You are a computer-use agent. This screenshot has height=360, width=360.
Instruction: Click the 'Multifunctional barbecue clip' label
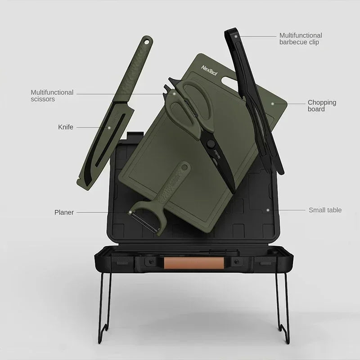[x=301, y=39]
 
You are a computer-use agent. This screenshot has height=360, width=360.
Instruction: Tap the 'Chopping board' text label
[x=322, y=106]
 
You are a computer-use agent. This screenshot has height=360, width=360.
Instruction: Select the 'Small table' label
[x=325, y=210]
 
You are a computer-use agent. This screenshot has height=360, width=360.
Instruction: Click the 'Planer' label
[x=64, y=212]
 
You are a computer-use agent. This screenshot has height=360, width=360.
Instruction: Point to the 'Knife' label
[x=65, y=127]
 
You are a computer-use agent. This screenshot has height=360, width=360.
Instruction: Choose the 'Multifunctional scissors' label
[x=52, y=95]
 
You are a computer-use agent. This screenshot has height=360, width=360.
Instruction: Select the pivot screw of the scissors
[x=210, y=143]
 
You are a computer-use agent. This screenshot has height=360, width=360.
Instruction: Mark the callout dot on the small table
[x=268, y=210]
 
